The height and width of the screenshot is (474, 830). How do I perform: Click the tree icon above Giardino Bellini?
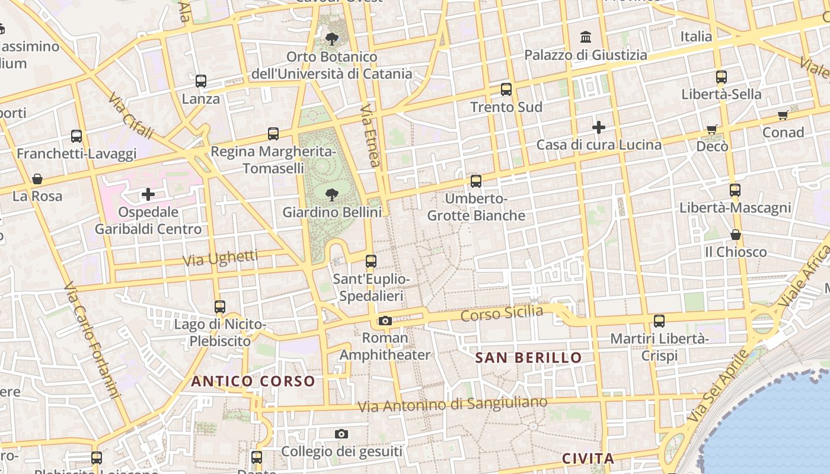pyautogui.click(x=331, y=194)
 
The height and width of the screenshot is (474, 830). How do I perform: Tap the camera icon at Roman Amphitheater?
pyautogui.click(x=385, y=321)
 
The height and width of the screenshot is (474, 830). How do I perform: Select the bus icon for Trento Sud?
pyautogui.click(x=506, y=89)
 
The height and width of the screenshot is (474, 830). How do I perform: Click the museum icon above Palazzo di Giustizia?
pyautogui.click(x=586, y=37)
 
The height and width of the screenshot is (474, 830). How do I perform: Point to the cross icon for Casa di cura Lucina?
pyautogui.click(x=599, y=127)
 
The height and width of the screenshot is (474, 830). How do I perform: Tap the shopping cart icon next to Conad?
pyautogui.click(x=783, y=115)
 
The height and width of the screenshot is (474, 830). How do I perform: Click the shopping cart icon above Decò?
pyautogui.click(x=712, y=129)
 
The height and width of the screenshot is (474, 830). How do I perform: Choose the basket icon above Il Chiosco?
pyautogui.click(x=736, y=235)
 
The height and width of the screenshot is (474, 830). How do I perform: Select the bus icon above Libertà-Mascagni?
pyautogui.click(x=735, y=190)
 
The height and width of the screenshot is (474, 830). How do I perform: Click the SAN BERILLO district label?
pyautogui.click(x=528, y=358)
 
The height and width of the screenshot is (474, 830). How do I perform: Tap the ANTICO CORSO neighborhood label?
pyautogui.click(x=253, y=381)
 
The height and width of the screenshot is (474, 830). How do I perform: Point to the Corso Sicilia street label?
pyautogui.click(x=502, y=314)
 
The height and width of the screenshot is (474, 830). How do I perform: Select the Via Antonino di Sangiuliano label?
pyautogui.click(x=453, y=405)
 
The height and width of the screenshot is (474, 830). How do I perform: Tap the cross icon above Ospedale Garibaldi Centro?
pyautogui.click(x=148, y=194)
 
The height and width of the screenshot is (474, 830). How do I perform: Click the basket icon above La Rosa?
pyautogui.click(x=37, y=179)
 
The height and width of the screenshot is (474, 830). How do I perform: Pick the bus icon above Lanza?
pyautogui.click(x=201, y=81)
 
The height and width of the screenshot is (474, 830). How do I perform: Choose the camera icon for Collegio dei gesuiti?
pyautogui.click(x=341, y=434)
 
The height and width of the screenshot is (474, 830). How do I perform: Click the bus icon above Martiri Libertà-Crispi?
pyautogui.click(x=659, y=321)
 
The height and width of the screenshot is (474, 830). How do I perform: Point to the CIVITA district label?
pyautogui.click(x=588, y=459)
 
